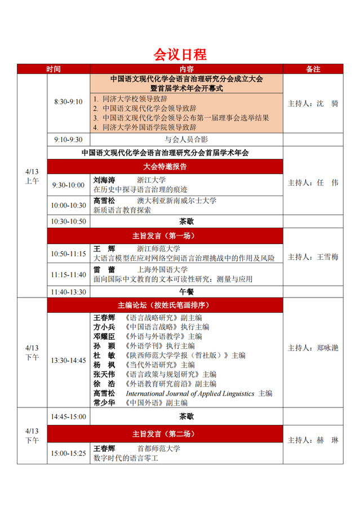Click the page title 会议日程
pyautogui.click(x=180, y=55)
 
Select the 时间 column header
pyautogui.click(x=54, y=69)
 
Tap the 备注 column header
pyautogui.click(x=313, y=69)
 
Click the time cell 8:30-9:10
pyautogui.click(x=68, y=102)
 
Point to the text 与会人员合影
pyautogui.click(x=186, y=139)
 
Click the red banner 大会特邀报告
pyautogui.click(x=165, y=167)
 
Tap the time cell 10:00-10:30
pyautogui.click(x=68, y=205)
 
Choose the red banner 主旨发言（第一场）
pyautogui.click(x=165, y=235)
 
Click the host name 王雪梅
pyautogui.click(x=327, y=257)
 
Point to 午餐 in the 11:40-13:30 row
pyautogui.click(x=186, y=291)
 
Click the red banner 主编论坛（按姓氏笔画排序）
pyautogui.click(x=165, y=305)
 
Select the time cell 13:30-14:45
pyautogui.click(x=68, y=360)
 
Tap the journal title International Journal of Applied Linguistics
pyautogui.click(x=190, y=393)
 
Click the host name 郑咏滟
pyautogui.click(x=327, y=348)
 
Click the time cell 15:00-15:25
pyautogui.click(x=68, y=453)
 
